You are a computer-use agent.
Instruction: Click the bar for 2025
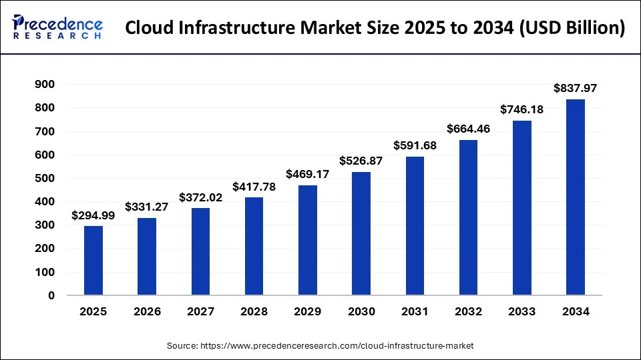[93, 261]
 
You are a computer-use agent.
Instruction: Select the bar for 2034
[576, 197]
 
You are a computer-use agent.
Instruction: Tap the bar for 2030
[361, 233]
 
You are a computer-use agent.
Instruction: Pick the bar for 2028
[254, 247]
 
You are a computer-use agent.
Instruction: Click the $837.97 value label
[576, 88]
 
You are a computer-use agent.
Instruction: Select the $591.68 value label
[415, 145]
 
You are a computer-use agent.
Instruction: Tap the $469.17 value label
[308, 174]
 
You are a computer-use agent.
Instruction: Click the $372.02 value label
[200, 197]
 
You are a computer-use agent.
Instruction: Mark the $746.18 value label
[522, 109]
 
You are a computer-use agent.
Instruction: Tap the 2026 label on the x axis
[147, 311]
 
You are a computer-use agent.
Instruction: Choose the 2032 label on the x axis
[468, 311]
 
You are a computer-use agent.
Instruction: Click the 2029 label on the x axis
[308, 311]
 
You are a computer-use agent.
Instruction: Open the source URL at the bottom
[320, 346]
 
